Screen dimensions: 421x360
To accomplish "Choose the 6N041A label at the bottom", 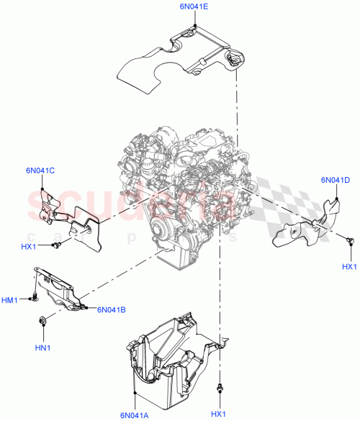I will click(135, 415).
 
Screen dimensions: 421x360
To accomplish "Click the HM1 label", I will click(10, 299).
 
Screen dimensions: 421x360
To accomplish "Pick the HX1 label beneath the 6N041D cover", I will click(349, 268).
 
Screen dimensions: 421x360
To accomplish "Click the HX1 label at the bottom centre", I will click(218, 414).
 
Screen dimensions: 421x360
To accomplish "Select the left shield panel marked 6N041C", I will click(68, 216).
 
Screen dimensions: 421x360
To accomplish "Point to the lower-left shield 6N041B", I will click(61, 288).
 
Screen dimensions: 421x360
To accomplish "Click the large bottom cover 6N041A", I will click(166, 353).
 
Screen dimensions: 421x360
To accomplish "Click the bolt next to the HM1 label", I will click(33, 296).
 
